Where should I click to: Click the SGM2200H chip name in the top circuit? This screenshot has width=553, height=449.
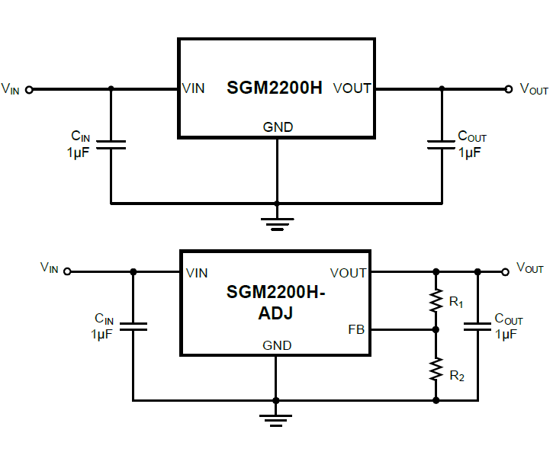point(275,88)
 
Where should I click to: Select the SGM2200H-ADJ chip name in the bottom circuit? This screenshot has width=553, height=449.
point(276,302)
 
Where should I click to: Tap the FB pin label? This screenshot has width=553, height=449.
point(356,330)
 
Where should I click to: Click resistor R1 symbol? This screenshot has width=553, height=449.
point(436,300)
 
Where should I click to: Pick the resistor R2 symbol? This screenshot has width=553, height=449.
point(436,370)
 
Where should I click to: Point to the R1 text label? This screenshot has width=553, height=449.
point(456,303)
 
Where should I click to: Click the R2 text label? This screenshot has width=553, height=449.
point(456,375)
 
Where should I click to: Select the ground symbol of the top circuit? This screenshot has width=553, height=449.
point(277,223)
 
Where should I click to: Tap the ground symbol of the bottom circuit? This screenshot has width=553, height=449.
point(275,419)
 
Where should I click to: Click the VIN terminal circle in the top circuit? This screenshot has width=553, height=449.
point(30,89)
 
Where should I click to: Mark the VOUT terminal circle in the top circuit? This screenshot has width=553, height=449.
point(509,89)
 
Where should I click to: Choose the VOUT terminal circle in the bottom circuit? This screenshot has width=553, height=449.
point(504,271)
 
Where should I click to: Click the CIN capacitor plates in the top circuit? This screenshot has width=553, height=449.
point(111,144)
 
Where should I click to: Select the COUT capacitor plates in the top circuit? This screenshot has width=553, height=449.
point(442,144)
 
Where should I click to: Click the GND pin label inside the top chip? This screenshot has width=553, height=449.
point(278,127)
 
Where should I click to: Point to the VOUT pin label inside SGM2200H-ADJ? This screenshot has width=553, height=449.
point(348,273)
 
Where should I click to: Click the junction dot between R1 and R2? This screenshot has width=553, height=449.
point(436,330)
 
